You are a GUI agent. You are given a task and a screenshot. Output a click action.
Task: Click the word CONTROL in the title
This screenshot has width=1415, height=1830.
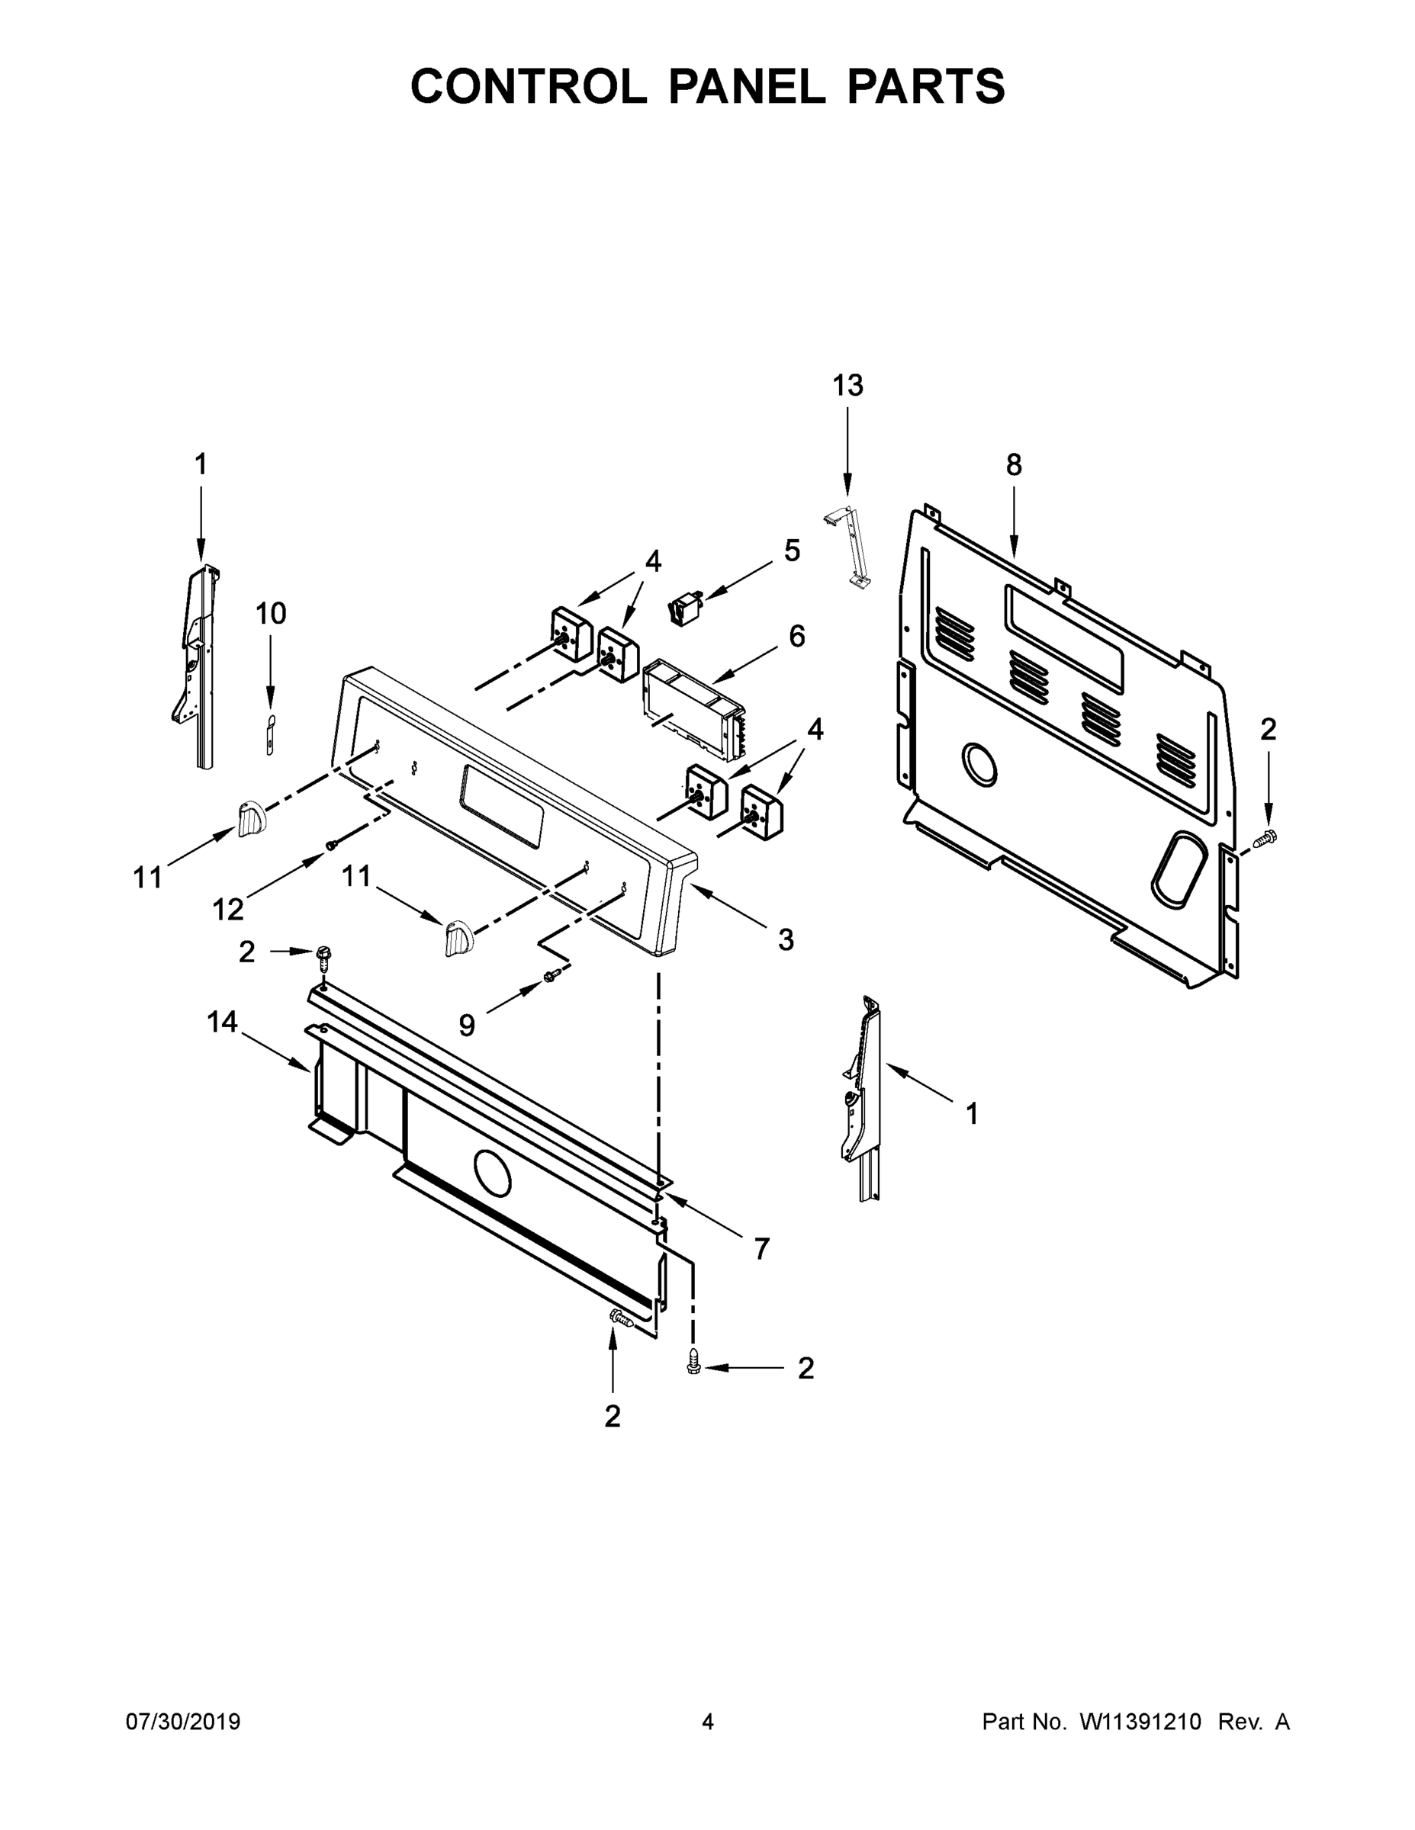tap(528, 86)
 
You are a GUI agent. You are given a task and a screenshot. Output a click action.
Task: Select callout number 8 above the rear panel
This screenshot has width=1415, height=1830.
tap(1014, 465)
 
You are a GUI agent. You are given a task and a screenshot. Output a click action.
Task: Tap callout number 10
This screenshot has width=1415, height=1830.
tap(270, 613)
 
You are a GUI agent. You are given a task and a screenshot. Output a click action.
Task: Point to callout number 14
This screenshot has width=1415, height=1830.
tap(222, 1023)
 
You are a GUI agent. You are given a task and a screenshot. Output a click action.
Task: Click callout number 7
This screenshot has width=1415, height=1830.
tap(761, 1249)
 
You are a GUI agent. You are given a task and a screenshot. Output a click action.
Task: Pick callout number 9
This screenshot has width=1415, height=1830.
tap(467, 1025)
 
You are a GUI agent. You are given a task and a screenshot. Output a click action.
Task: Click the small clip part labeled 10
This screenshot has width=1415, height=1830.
tap(269, 735)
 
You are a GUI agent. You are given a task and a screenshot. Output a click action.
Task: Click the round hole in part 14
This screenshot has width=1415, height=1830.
tap(492, 1172)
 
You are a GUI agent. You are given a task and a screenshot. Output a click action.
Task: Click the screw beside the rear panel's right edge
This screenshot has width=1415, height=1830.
tap(1265, 836)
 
